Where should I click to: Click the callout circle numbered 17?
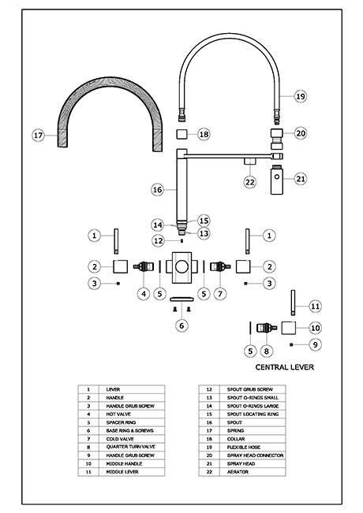tap(38, 135)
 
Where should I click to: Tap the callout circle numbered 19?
tap(301, 96)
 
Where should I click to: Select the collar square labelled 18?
tap(181, 134)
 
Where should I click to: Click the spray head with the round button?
tap(277, 180)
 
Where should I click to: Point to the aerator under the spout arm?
tap(250, 162)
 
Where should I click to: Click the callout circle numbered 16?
tap(158, 189)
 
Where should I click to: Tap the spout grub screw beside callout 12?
tap(181, 241)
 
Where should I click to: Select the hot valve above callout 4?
tap(144, 266)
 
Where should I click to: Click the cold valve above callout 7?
tap(220, 266)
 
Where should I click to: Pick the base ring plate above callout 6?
tap(181, 299)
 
